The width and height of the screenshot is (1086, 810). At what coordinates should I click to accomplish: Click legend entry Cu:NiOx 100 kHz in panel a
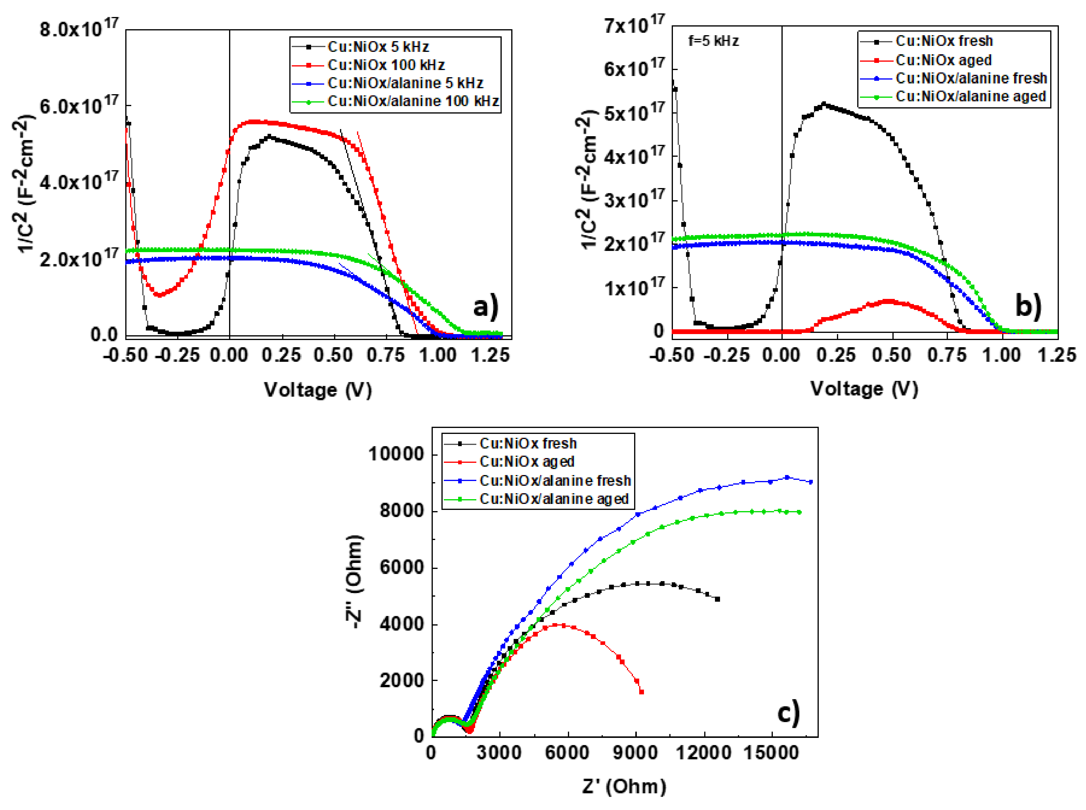tap(386, 65)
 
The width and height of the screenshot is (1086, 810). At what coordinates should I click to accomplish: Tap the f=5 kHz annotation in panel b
tap(713, 41)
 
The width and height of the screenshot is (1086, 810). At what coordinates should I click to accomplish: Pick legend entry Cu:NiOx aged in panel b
tap(943, 60)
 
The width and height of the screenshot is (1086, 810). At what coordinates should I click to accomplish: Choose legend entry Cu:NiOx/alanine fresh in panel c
tap(554, 480)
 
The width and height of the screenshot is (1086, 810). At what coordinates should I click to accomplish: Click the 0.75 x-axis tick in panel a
tap(386, 355)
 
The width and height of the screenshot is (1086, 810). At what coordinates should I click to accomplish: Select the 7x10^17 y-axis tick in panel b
tap(634, 24)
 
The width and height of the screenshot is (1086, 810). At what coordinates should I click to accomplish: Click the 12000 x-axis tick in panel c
tap(703, 753)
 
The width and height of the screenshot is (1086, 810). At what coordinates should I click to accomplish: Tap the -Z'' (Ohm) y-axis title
tap(354, 581)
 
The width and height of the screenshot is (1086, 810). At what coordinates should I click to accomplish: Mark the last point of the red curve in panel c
tap(641, 692)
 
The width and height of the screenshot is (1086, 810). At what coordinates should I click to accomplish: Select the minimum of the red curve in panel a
tap(158, 295)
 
